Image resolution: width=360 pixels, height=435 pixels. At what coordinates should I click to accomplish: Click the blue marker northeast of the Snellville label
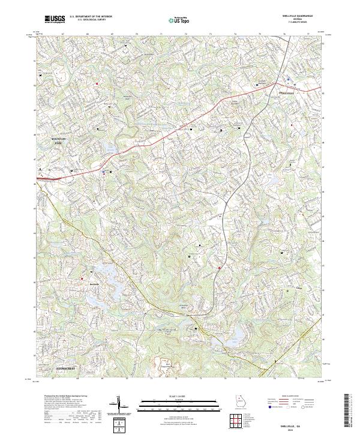tap(289, 78)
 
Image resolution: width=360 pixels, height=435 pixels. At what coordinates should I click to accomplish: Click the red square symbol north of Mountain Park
tap(97, 83)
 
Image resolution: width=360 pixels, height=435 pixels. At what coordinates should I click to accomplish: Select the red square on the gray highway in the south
tap(220, 268)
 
